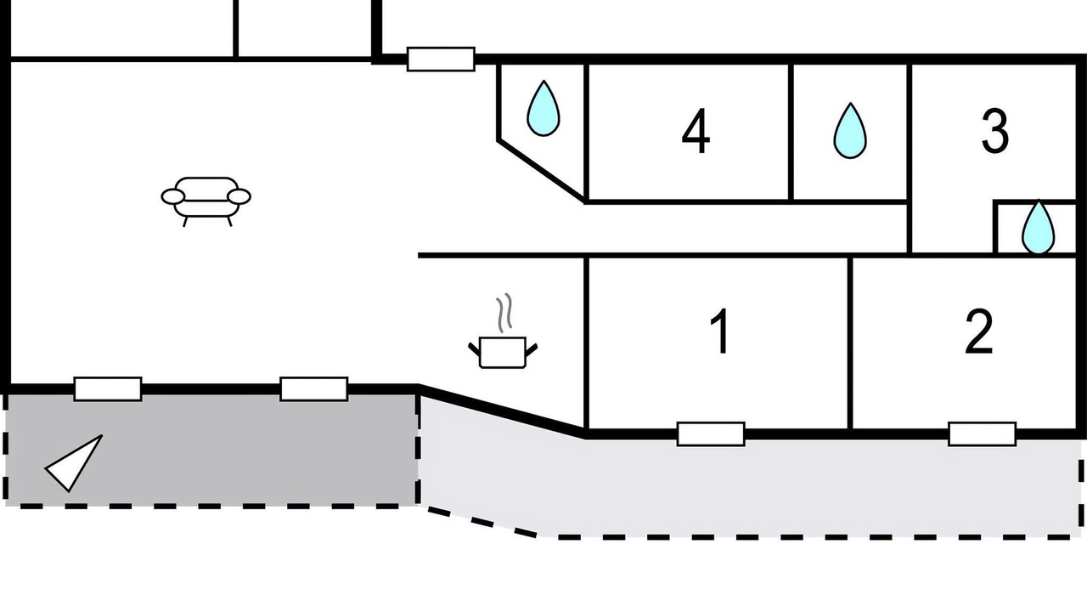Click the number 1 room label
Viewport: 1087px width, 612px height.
(x=720, y=331)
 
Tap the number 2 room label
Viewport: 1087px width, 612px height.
(x=979, y=332)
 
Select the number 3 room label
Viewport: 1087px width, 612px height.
(x=994, y=132)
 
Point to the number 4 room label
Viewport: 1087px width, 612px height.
(x=696, y=133)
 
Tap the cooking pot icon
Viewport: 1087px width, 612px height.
(x=504, y=351)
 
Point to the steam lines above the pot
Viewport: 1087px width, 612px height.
(x=505, y=312)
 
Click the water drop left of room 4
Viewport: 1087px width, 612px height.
(x=543, y=108)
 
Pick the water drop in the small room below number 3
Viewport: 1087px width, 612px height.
(x=1037, y=227)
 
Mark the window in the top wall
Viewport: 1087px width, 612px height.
(x=440, y=59)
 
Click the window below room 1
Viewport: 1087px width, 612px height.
(x=711, y=433)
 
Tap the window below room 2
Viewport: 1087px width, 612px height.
(x=982, y=433)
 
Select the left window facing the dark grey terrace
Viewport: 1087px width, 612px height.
(x=107, y=388)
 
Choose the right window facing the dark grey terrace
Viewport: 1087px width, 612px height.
(x=313, y=388)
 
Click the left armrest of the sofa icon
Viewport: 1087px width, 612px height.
(x=173, y=197)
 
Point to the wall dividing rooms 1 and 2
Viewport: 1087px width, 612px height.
(x=850, y=340)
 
